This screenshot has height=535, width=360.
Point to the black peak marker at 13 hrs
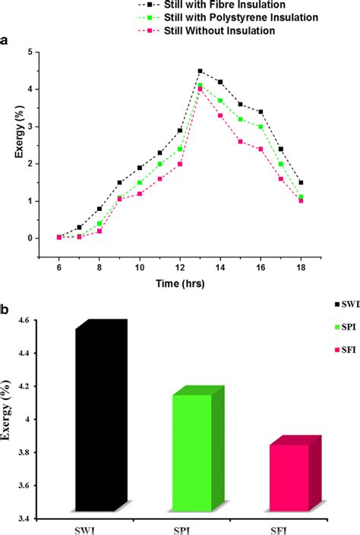tap(200, 71)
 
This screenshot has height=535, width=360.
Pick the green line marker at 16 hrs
tap(261, 127)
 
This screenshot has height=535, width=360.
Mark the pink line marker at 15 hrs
tap(241, 142)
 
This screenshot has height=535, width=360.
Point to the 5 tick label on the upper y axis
tap(30, 52)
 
